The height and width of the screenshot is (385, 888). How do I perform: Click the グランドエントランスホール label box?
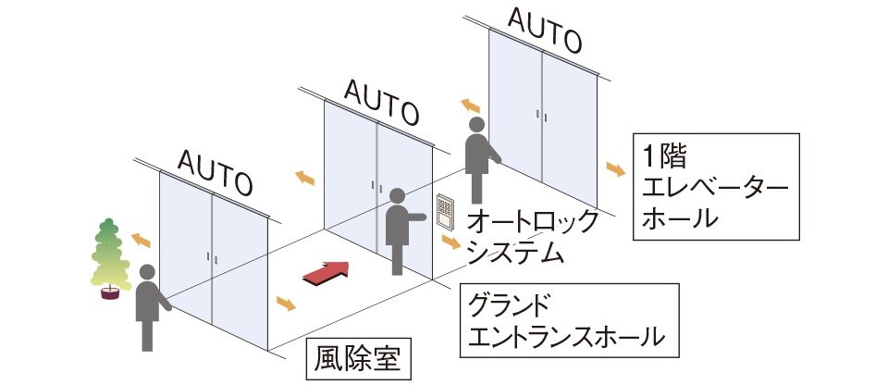click(x=570, y=319)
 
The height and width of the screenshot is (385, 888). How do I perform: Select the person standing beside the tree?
click(x=148, y=305)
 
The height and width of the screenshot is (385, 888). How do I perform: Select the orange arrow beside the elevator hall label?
click(x=615, y=168)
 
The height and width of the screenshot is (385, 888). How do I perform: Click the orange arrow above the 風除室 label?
click(x=287, y=304)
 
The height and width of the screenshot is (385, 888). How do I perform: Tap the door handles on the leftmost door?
click(x=213, y=260)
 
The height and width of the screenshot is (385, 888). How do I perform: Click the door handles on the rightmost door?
click(x=542, y=115)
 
